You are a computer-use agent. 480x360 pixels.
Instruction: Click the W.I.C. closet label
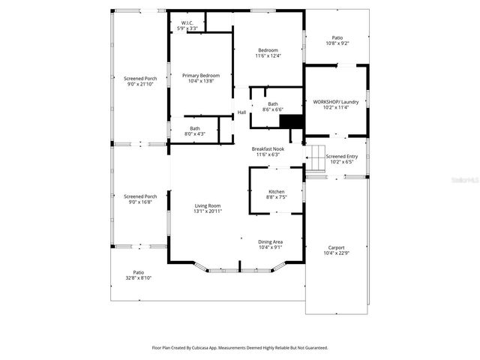[x=184, y=25]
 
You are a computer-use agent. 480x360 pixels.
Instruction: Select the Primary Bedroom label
[x=200, y=78]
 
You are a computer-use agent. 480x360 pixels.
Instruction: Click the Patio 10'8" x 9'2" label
[x=337, y=40]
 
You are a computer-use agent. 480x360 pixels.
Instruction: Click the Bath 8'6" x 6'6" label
[x=272, y=106]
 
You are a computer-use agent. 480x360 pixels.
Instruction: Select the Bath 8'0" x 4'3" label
[x=194, y=130]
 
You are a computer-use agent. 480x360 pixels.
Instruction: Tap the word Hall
[x=241, y=112]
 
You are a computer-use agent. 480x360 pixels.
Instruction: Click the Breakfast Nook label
[x=267, y=151]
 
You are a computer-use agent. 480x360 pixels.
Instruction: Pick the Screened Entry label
[x=341, y=159]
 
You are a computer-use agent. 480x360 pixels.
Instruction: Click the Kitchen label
[x=276, y=194]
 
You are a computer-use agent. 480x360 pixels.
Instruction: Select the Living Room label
[x=207, y=208]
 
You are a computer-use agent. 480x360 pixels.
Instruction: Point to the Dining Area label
[x=270, y=244]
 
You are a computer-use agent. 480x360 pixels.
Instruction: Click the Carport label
[x=336, y=250]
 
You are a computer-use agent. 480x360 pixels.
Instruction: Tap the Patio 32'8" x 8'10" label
[x=138, y=274]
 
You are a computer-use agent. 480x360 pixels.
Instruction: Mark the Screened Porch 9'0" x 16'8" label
[x=139, y=199]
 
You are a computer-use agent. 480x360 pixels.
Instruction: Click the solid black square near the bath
[x=291, y=123]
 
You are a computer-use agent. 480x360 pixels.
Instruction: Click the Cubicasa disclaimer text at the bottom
[x=240, y=347]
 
